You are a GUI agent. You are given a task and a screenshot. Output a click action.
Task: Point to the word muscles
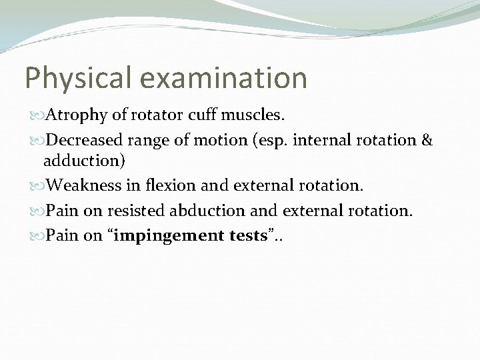tap(252, 116)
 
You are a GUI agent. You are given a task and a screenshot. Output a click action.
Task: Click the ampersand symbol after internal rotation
tap(427, 141)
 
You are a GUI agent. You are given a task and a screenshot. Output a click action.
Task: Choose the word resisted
tap(136, 211)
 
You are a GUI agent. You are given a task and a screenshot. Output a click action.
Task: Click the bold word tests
tap(246, 235)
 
